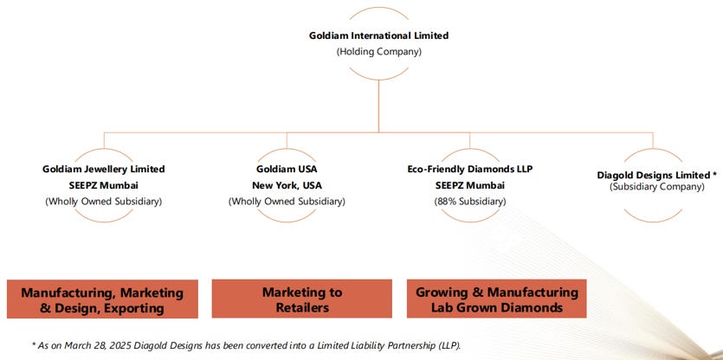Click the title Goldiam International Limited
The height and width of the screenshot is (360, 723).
378,35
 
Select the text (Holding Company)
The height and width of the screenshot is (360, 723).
378,51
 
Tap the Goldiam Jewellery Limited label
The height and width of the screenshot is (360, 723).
104,169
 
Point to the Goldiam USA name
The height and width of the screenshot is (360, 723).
287,169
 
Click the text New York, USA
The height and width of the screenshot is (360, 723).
287,185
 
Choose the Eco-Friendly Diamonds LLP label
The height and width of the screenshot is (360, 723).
470,169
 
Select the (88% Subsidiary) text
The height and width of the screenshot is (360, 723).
470,202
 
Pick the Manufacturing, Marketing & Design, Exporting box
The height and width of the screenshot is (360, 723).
102,299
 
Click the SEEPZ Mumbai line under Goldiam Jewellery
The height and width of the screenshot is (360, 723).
104,185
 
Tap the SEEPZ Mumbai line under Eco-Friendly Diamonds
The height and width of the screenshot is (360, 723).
470,185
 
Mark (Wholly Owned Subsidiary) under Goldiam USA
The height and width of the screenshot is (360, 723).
287,202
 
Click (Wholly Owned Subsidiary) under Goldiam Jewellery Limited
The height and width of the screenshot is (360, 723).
104,202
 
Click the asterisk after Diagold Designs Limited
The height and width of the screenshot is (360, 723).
714,173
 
